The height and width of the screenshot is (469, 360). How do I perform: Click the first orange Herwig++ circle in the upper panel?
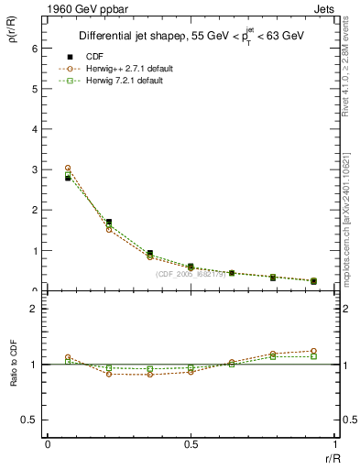[68, 169]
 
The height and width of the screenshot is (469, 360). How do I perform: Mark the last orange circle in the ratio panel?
[313, 351]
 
